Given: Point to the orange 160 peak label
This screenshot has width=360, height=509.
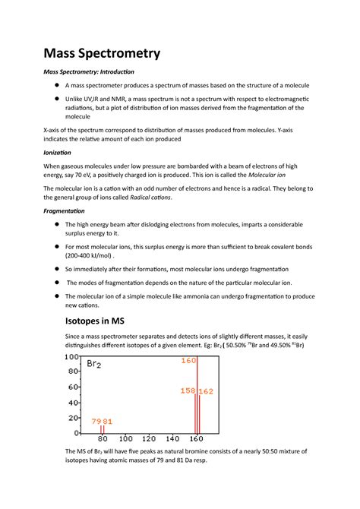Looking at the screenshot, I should click(188, 360).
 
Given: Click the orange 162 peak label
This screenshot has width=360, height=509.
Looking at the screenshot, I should click(206, 391).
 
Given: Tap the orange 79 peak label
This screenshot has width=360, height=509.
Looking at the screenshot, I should click(96, 422).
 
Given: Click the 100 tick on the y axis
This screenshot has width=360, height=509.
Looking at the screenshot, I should click(71, 356).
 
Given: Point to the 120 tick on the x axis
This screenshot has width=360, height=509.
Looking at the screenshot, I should click(150, 440).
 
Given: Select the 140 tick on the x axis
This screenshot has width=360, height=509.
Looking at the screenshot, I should click(174, 440).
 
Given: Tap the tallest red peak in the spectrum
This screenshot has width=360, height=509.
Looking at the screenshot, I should click(197, 395).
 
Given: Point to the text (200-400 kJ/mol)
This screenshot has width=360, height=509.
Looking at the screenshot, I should click(88, 256).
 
